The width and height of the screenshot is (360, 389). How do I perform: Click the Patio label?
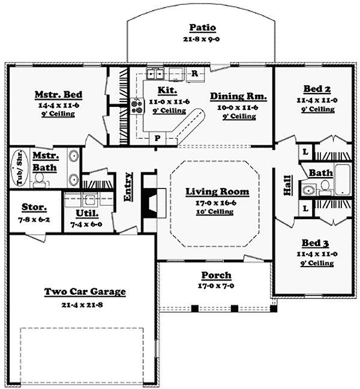202,27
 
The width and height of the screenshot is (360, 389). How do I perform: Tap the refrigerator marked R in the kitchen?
195,74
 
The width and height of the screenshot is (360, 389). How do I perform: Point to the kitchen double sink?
156,74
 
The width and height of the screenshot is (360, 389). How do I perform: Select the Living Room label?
209,191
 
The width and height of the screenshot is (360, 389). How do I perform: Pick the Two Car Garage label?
85,292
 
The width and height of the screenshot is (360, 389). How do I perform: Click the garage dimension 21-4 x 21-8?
85,304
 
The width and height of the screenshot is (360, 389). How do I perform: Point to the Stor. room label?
35,207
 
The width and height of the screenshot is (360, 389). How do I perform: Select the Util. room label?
87,213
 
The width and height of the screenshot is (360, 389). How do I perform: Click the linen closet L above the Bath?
305,152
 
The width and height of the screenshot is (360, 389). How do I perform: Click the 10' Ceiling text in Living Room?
209,211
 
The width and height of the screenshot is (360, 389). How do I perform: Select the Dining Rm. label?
239,95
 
